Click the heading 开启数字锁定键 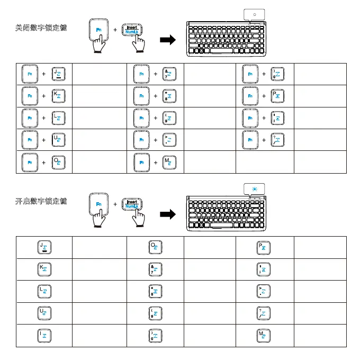coord(40,201)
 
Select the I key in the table coord(43,335)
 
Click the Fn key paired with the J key coord(30,75)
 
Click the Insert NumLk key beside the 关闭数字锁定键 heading coord(131,32)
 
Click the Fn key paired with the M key coord(141,163)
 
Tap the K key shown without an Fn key coord(43,269)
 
